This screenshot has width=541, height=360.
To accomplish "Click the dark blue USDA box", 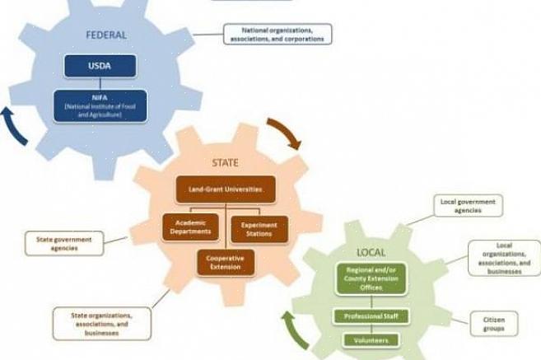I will pos(100,67).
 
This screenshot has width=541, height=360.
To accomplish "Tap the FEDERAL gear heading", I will pos(106,35).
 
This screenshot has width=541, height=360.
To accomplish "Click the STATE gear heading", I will pos(225,163).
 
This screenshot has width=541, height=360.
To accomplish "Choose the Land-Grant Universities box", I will pos(225,189).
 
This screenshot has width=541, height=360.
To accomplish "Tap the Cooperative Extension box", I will pos(225,263).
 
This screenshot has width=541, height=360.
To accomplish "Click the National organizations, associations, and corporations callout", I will pos(277,34).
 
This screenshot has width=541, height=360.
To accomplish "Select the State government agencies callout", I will pos(64,243).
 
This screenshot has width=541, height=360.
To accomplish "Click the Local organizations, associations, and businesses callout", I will pos(504,258).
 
